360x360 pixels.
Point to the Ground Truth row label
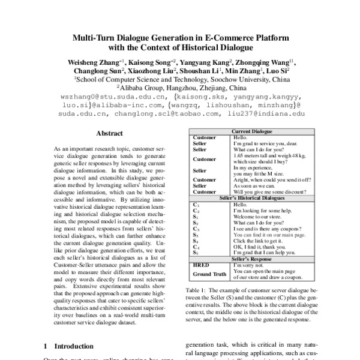point(209,274)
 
